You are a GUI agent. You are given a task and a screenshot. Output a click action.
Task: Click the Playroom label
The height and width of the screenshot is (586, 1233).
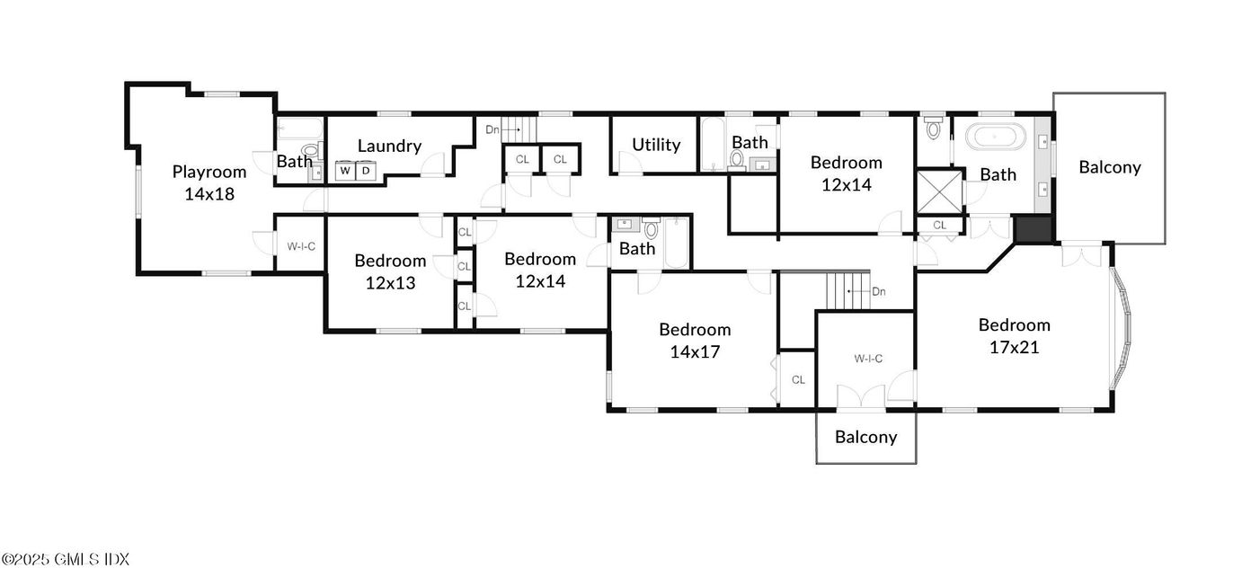click(209, 172)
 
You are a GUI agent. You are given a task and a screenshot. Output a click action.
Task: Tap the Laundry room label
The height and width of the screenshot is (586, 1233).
click(389, 146)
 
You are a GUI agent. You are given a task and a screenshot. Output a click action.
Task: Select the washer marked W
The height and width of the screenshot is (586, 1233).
click(346, 170)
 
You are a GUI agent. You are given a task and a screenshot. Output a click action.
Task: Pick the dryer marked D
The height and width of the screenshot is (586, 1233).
click(367, 170)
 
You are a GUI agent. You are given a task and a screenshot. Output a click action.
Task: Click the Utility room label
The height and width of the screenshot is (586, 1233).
click(656, 145)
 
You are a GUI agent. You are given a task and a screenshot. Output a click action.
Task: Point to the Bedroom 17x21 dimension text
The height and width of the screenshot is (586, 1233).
click(1014, 347)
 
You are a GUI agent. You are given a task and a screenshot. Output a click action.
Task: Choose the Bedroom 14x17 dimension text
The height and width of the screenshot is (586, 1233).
click(695, 351)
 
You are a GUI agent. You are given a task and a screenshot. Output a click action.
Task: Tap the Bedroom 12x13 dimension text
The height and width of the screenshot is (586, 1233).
click(390, 282)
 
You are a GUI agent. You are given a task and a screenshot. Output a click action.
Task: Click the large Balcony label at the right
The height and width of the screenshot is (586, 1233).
click(1110, 166)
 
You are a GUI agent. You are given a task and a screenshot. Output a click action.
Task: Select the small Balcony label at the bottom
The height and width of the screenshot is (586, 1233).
click(865, 437)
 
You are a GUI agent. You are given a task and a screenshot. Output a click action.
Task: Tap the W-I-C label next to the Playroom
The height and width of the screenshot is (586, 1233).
click(301, 245)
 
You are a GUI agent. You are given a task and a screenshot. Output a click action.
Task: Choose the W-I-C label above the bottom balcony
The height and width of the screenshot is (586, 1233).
click(868, 359)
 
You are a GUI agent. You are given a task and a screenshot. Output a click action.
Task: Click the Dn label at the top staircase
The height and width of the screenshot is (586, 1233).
click(492, 129)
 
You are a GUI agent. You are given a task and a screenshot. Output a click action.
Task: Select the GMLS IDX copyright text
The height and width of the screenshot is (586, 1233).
click(65, 559)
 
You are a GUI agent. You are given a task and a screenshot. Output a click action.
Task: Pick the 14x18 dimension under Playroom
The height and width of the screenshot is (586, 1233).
click(209, 193)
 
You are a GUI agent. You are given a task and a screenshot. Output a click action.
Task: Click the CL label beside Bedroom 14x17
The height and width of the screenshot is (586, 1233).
click(798, 380)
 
